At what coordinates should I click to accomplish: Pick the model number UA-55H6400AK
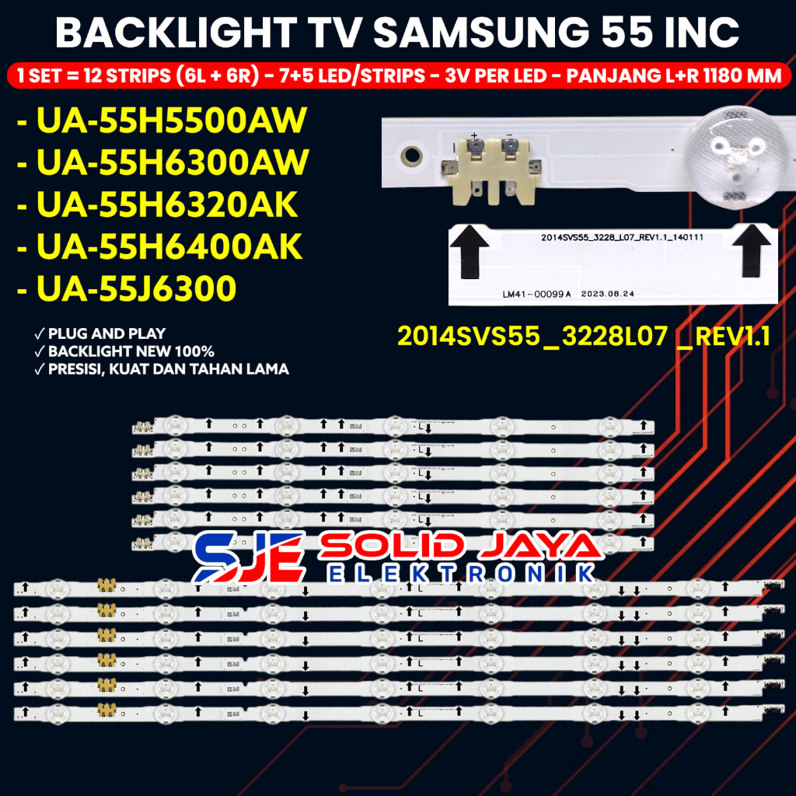(159, 247)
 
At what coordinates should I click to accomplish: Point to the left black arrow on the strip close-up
(474, 253)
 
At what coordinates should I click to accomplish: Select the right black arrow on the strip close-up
(750, 253)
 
